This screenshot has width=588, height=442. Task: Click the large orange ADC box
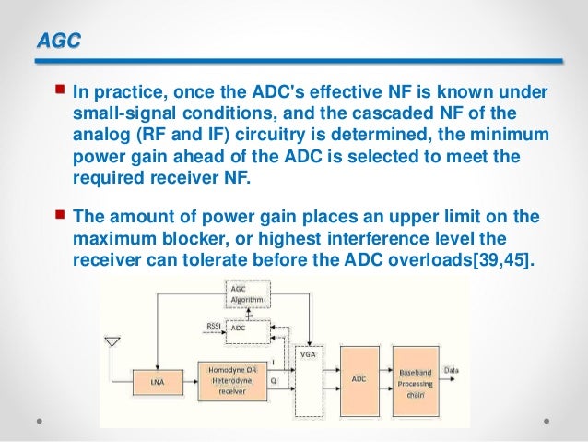click(x=359, y=378)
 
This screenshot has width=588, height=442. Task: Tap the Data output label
click(x=452, y=370)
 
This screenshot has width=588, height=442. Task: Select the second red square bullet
click(x=61, y=216)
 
